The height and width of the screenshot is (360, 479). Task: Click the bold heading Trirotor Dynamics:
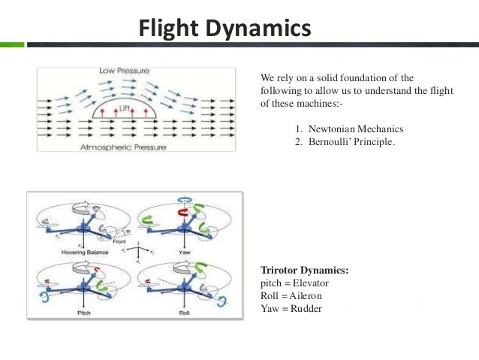click(304, 270)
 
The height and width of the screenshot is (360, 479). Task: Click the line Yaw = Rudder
click(290, 307)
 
